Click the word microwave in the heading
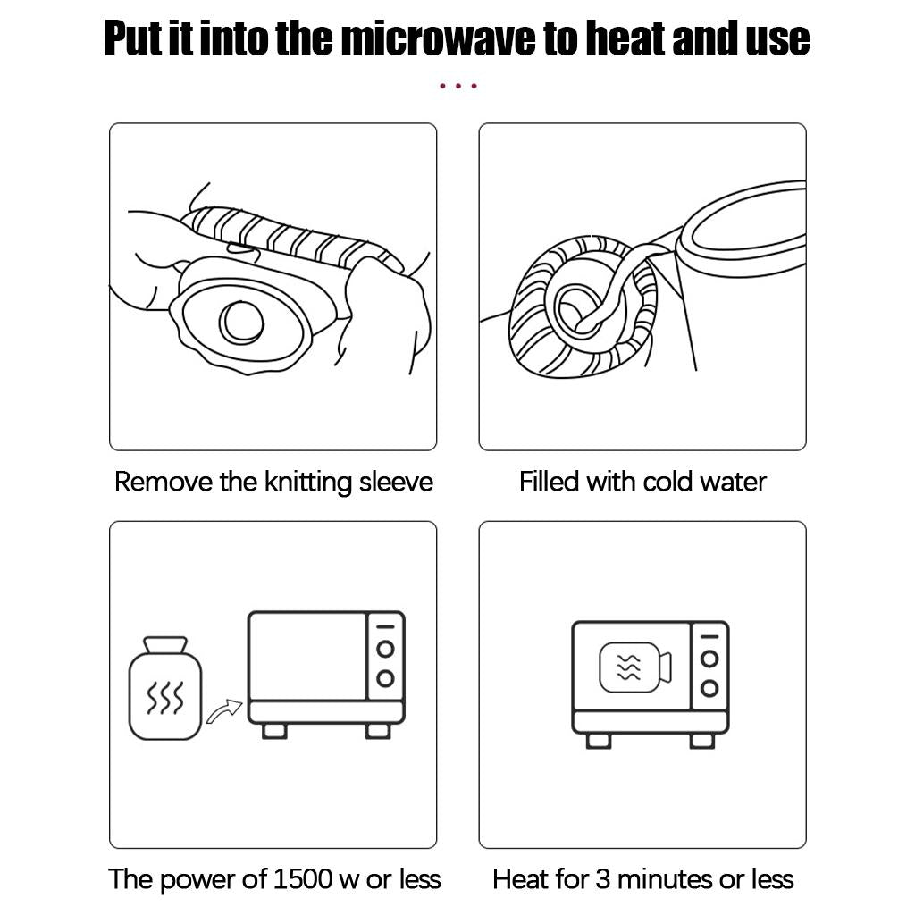438,38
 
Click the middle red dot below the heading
458,86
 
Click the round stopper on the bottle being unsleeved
241,323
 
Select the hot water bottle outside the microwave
165,689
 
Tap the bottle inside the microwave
636,667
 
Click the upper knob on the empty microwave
385,649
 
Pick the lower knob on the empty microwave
385,678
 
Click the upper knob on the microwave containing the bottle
709,659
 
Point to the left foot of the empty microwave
274,731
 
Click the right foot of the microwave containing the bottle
702,741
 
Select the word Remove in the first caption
164,483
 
